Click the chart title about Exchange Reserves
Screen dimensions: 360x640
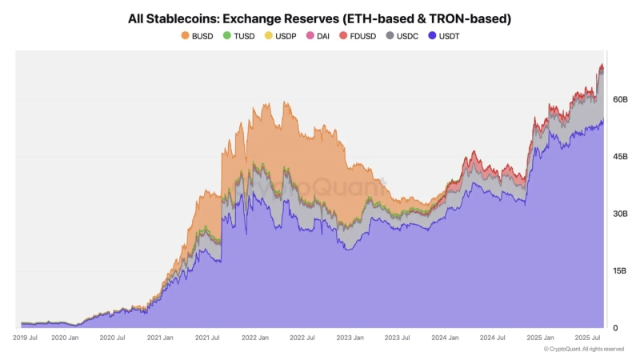click(x=319, y=18)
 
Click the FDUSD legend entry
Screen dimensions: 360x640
click(x=359, y=36)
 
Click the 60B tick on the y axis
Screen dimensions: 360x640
click(x=620, y=99)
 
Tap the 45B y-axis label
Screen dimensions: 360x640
click(x=620, y=157)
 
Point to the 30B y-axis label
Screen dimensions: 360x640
click(x=620, y=214)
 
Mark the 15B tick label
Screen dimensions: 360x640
click(x=620, y=271)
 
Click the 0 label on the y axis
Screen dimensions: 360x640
click(x=614, y=328)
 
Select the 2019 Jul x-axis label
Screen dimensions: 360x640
click(x=26, y=338)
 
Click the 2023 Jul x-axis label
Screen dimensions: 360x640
click(x=397, y=338)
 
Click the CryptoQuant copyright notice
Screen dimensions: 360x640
click(x=584, y=350)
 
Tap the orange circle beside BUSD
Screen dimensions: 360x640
click(x=186, y=36)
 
